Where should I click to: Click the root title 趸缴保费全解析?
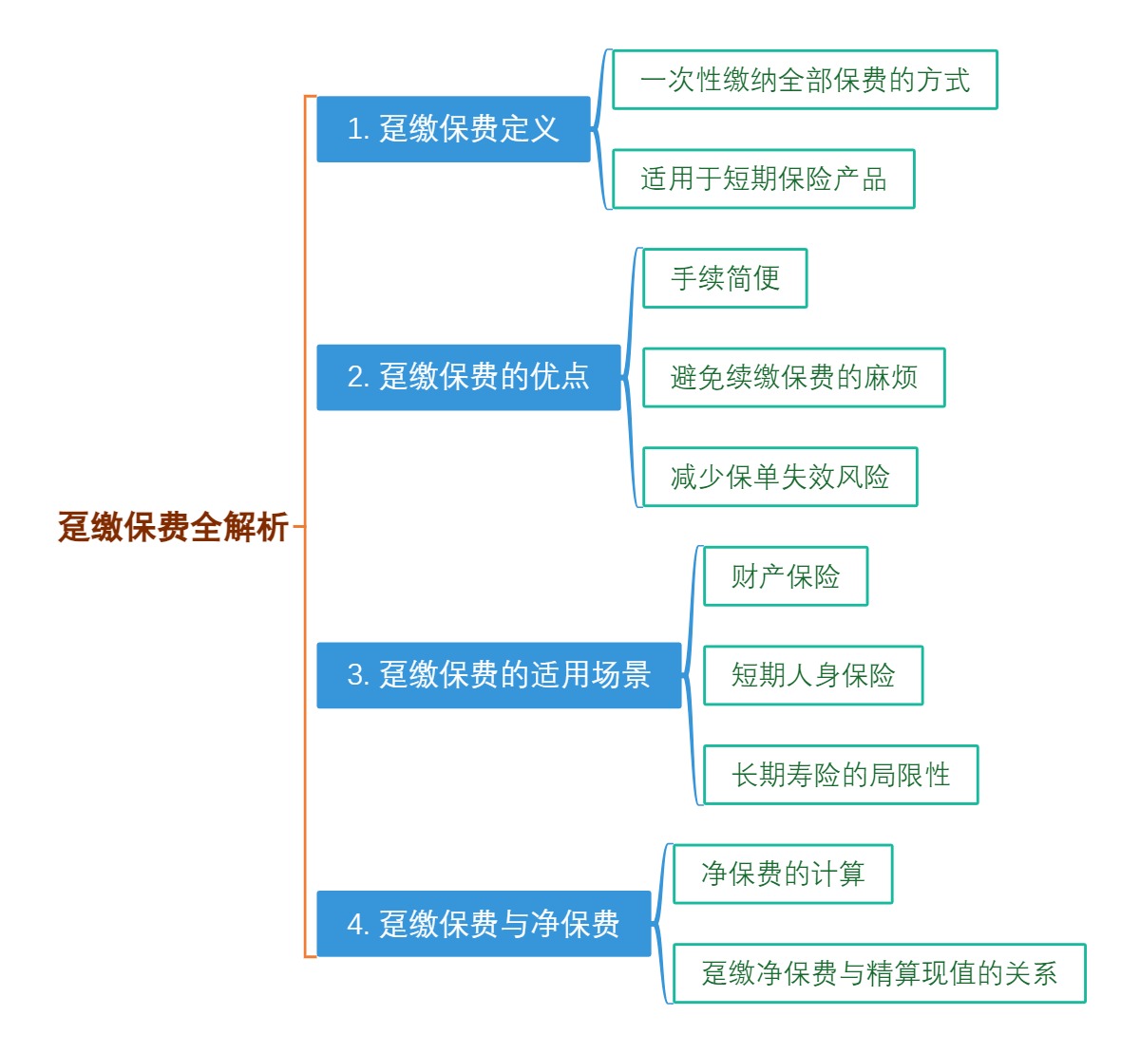click(x=173, y=526)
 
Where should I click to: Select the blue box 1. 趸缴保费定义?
click(x=453, y=129)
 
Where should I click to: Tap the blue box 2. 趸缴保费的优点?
click(x=468, y=377)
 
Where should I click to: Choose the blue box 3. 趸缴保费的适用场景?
click(x=499, y=675)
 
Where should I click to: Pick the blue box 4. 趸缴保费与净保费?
click(x=484, y=923)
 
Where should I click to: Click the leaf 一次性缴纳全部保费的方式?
click(x=805, y=80)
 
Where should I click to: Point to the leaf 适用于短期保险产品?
click(x=763, y=179)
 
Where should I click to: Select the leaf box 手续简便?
click(x=725, y=278)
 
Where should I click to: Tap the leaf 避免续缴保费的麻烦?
click(x=793, y=377)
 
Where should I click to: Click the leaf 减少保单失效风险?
click(x=780, y=477)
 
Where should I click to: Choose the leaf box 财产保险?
click(x=786, y=576)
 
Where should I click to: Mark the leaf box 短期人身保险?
click(x=813, y=675)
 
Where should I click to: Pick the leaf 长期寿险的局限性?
click(x=841, y=775)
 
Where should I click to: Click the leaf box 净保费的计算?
click(x=783, y=874)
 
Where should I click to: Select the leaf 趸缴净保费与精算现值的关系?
click(x=879, y=973)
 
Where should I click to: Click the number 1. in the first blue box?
click(x=357, y=129)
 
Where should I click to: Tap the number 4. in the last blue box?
click(x=357, y=924)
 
